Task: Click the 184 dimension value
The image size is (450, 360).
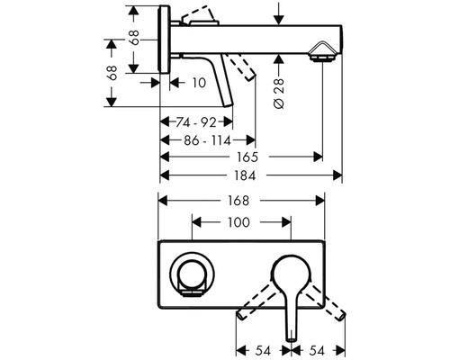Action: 245,175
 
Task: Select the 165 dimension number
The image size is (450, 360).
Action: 247,157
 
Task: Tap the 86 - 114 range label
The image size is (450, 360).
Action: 207,140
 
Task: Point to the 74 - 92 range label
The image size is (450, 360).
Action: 196,122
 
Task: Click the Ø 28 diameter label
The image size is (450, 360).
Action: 279,94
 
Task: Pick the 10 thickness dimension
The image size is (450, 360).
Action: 199,83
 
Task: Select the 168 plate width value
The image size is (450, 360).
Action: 238,201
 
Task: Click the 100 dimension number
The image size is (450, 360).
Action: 238,222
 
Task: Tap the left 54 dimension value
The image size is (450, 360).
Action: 263,350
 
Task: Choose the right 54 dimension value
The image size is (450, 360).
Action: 317,350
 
